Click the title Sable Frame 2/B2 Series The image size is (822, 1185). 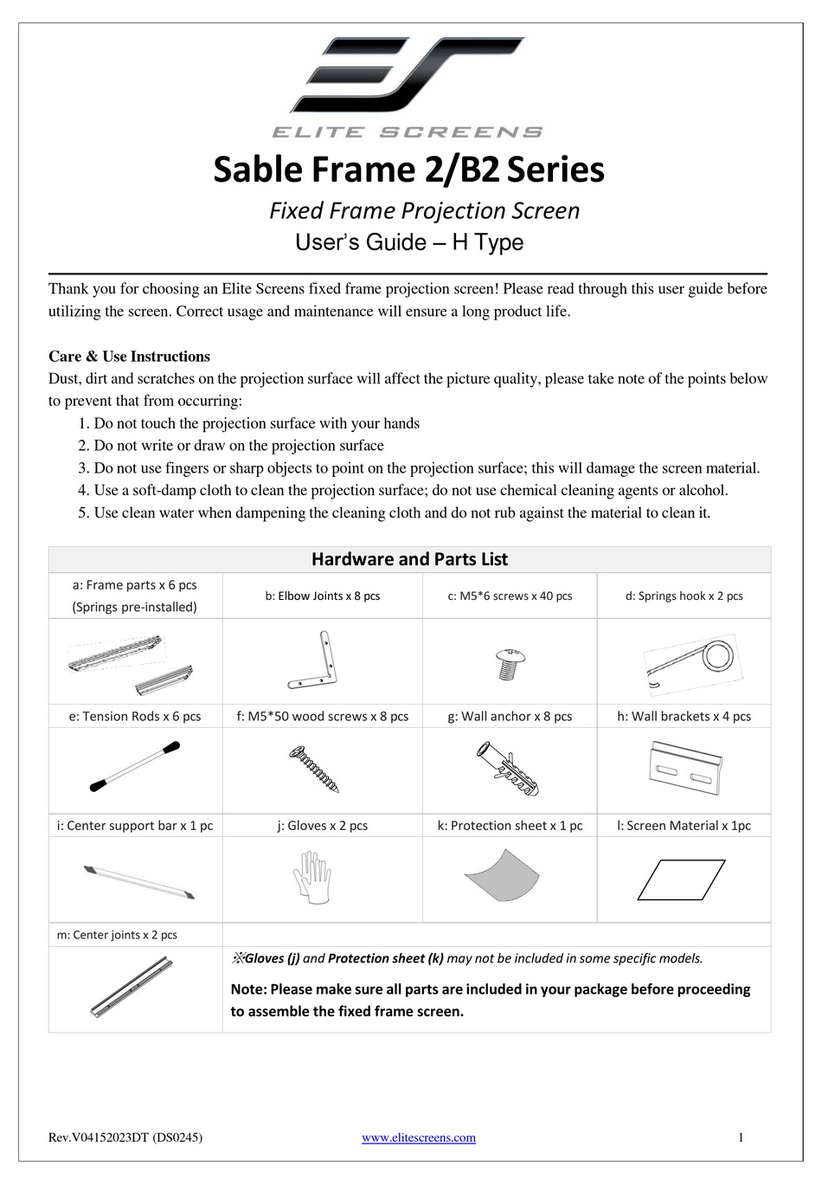coord(408,170)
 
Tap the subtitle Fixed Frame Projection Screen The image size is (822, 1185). coord(424,210)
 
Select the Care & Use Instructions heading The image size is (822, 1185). coord(129,357)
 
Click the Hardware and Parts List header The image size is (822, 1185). coord(409,559)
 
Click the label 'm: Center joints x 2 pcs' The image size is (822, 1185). coord(117,935)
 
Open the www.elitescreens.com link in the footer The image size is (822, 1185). coord(418,1138)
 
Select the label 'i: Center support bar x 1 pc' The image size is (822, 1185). coord(135,826)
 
